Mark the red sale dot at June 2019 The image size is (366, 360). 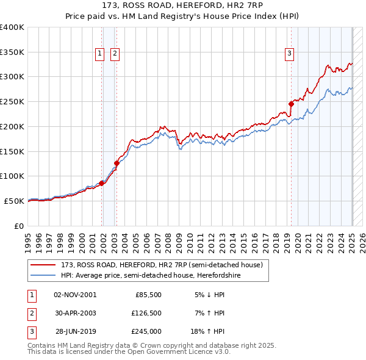tap(291, 104)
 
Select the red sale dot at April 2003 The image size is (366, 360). tap(117, 163)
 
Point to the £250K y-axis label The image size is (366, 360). tap(12, 102)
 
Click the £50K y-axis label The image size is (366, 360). tap(14, 201)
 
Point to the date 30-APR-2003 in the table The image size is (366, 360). tap(76, 313)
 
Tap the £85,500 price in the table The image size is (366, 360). tap(148, 294)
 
